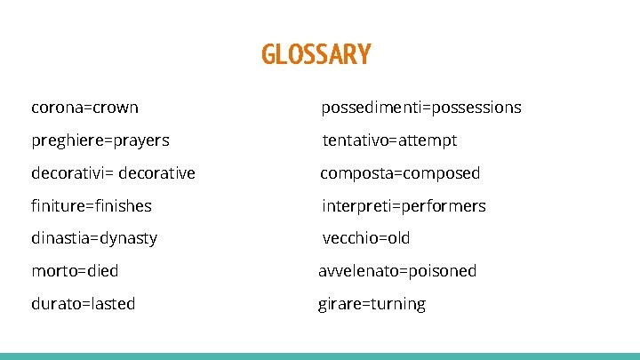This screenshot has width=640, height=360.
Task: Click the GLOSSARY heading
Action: (316, 55)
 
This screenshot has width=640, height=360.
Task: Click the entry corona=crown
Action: (84, 108)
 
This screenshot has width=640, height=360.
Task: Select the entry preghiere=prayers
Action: (100, 140)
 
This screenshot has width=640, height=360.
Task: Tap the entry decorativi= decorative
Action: (113, 172)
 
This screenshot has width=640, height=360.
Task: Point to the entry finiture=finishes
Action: (91, 205)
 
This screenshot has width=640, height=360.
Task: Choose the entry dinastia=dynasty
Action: (93, 238)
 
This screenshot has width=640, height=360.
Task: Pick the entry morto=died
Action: (75, 270)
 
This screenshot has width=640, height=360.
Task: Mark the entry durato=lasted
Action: (83, 304)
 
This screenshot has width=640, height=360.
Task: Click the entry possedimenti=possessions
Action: (420, 108)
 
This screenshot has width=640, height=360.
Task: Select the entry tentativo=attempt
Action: (389, 140)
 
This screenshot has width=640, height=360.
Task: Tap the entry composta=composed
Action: (400, 172)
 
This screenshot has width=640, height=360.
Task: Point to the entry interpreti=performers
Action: (404, 205)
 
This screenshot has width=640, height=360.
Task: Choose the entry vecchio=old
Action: (365, 238)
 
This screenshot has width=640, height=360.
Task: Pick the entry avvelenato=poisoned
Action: (397, 270)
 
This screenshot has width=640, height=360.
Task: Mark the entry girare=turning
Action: (372, 304)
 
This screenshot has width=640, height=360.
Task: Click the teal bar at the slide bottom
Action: (320, 356)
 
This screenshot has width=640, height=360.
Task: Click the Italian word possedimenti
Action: (370, 108)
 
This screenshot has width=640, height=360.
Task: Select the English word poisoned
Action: (443, 270)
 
